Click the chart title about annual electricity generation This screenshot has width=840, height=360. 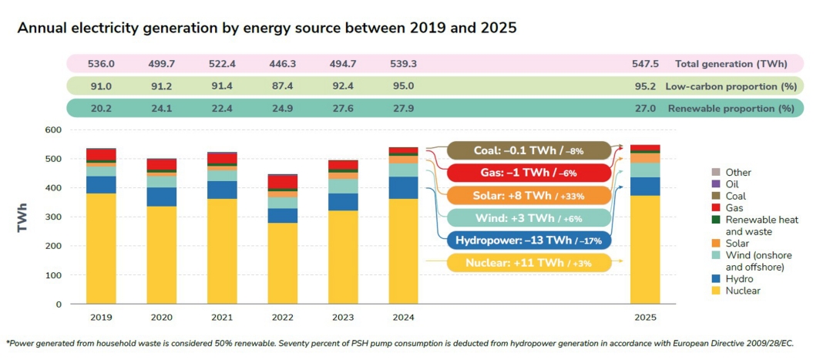267,28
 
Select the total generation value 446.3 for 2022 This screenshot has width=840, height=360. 282,64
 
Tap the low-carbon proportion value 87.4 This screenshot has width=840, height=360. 282,86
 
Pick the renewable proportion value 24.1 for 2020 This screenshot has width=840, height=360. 161,109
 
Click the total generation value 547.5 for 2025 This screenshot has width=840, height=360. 644,64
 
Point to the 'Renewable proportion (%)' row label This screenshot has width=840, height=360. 731,109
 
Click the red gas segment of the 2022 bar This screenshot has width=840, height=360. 282,182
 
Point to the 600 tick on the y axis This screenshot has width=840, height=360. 52,130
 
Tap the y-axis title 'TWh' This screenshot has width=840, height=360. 23,218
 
